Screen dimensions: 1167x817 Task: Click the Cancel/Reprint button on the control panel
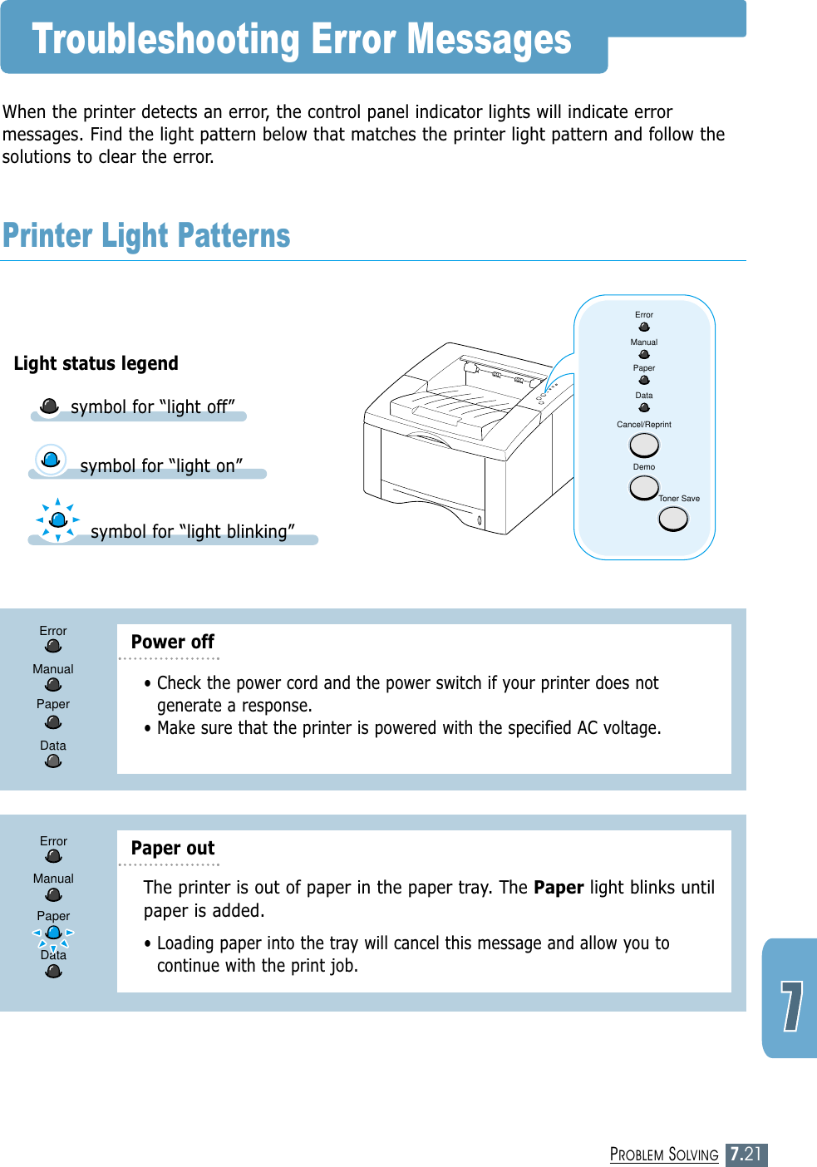click(644, 446)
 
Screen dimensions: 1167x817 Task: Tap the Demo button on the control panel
click(644, 487)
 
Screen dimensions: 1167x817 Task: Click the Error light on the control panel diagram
click(644, 327)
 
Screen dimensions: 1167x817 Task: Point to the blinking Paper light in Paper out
click(53, 933)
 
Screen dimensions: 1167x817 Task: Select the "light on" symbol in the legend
click(51, 459)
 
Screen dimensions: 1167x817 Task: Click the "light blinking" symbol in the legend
click(58, 520)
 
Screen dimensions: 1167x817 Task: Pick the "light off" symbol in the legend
click(50, 406)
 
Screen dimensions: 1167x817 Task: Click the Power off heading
click(173, 642)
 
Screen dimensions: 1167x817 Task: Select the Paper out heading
click(173, 848)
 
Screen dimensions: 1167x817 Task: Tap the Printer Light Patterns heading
click(146, 236)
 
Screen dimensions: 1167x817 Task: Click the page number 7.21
click(746, 1154)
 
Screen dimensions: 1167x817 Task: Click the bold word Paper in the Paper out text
click(559, 888)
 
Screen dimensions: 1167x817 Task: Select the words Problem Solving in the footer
click(664, 1155)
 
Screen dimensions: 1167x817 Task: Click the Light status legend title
click(96, 363)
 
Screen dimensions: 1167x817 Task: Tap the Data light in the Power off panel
click(53, 761)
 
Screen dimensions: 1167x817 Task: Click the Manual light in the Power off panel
click(53, 685)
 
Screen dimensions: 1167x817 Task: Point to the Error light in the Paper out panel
click(54, 856)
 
